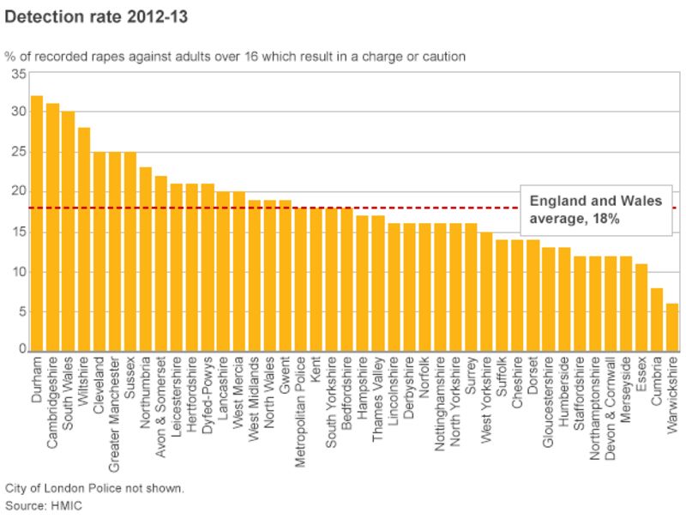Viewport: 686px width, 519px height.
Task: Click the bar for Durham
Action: pyautogui.click(x=37, y=223)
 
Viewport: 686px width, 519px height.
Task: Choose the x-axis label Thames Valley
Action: pyautogui.click(x=378, y=398)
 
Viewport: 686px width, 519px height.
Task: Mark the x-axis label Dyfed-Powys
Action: pyautogui.click(x=208, y=391)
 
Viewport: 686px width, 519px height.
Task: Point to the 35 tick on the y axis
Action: pyautogui.click(x=16, y=74)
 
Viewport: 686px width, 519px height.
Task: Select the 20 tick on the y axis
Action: pyautogui.click(x=16, y=192)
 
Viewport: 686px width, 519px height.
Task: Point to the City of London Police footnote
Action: pyautogui.click(x=93, y=488)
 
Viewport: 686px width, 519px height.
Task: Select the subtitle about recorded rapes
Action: pyautogui.click(x=235, y=57)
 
